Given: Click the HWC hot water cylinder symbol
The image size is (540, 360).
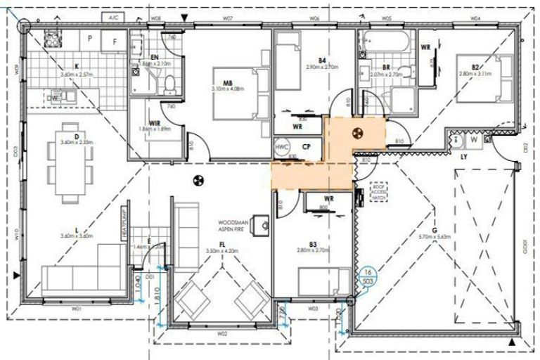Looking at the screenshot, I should point(283,148).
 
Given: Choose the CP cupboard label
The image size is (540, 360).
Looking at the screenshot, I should point(307,147).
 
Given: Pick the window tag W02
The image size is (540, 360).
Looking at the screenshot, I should point(222,333).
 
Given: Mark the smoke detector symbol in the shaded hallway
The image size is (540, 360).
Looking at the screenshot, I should point(356,132).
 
